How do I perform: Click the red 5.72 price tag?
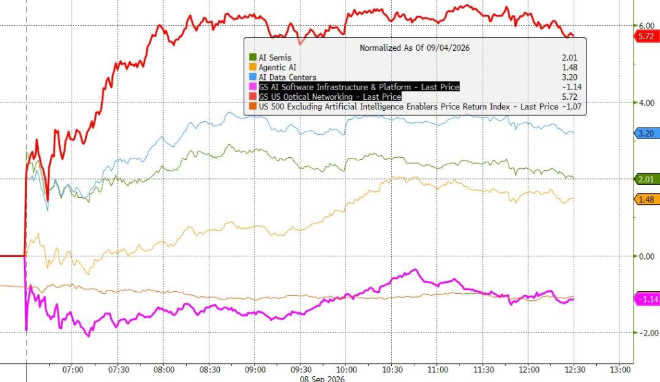coord(646,36)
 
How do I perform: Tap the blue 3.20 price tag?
coord(646,134)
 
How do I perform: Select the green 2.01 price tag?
coord(646,180)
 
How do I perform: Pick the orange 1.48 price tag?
coord(646,200)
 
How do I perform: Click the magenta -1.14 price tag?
coord(647,299)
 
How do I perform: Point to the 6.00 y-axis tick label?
coord(646,26)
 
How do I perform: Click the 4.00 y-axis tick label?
coord(646,102)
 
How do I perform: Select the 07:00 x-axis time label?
coord(73,370)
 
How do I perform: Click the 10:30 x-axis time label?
coord(393,370)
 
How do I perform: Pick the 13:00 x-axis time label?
coord(621,370)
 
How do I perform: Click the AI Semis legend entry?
coord(270,57)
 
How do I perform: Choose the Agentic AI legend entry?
coord(273,67)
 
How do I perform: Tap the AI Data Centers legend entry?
coord(282,77)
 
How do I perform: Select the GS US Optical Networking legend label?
coord(330,97)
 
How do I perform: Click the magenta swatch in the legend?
coord(253,87)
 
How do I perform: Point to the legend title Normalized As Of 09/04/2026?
coord(414,48)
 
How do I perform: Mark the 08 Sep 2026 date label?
coord(322,379)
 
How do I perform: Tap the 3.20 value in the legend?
coord(570,77)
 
